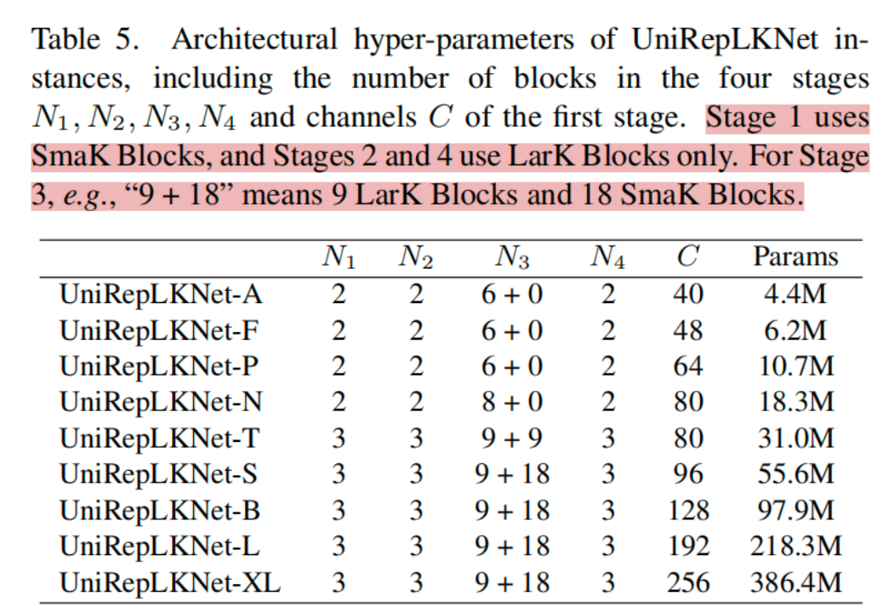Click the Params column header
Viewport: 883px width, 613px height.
pos(795,257)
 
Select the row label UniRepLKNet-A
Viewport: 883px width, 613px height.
pos(160,295)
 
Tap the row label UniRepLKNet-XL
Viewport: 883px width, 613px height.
pos(169,583)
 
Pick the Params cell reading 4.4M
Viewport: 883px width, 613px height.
pos(795,295)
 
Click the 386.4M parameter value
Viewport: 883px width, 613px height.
pos(795,583)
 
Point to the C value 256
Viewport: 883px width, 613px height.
pos(687,583)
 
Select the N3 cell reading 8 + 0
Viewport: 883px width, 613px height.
pos(512,403)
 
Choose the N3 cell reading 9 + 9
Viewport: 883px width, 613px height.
pos(512,438)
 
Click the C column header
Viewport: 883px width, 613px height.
pos(687,257)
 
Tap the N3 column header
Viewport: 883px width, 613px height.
pos(512,258)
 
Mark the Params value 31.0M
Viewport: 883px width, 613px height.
pos(795,438)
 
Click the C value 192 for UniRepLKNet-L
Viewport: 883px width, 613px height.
pos(687,547)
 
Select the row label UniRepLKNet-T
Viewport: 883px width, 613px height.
pos(159,438)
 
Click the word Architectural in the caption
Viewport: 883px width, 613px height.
pos(254,39)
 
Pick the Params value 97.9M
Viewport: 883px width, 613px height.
pos(795,511)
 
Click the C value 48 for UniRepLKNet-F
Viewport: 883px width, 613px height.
pos(687,330)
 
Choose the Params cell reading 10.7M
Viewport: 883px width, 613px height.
pos(795,367)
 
